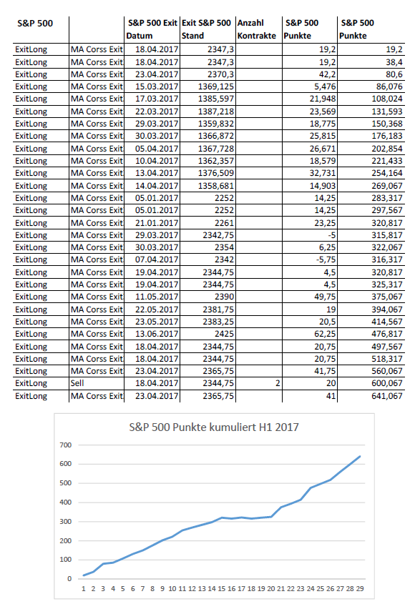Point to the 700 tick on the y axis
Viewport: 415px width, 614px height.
click(66, 445)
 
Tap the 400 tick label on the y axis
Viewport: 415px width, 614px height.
click(66, 502)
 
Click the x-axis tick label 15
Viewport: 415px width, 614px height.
click(221, 589)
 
